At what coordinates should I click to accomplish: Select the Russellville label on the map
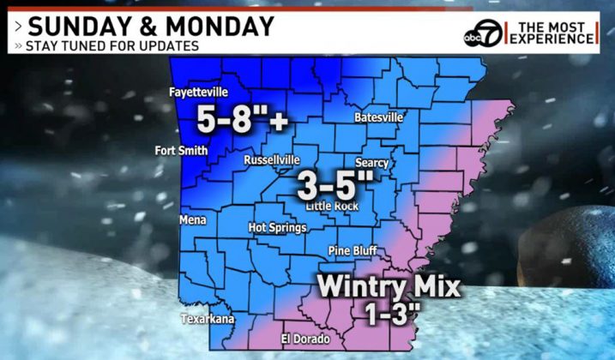tap(272, 160)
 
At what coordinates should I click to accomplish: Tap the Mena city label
tap(193, 220)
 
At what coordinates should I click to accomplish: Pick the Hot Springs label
tap(277, 228)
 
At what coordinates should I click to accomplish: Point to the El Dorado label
tap(305, 339)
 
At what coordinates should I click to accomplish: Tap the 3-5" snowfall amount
tap(335, 183)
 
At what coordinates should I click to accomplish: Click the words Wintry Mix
tap(390, 284)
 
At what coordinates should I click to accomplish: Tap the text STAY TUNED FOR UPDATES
tap(112, 45)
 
